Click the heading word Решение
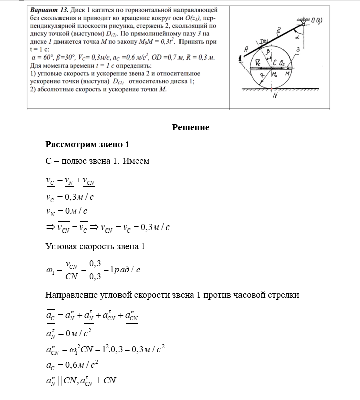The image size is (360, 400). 191,127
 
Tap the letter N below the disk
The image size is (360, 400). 275,98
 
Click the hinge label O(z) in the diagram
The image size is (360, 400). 318,20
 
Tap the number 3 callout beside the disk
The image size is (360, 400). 298,49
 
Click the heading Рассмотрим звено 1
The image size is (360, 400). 87,145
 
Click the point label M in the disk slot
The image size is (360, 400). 288,73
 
